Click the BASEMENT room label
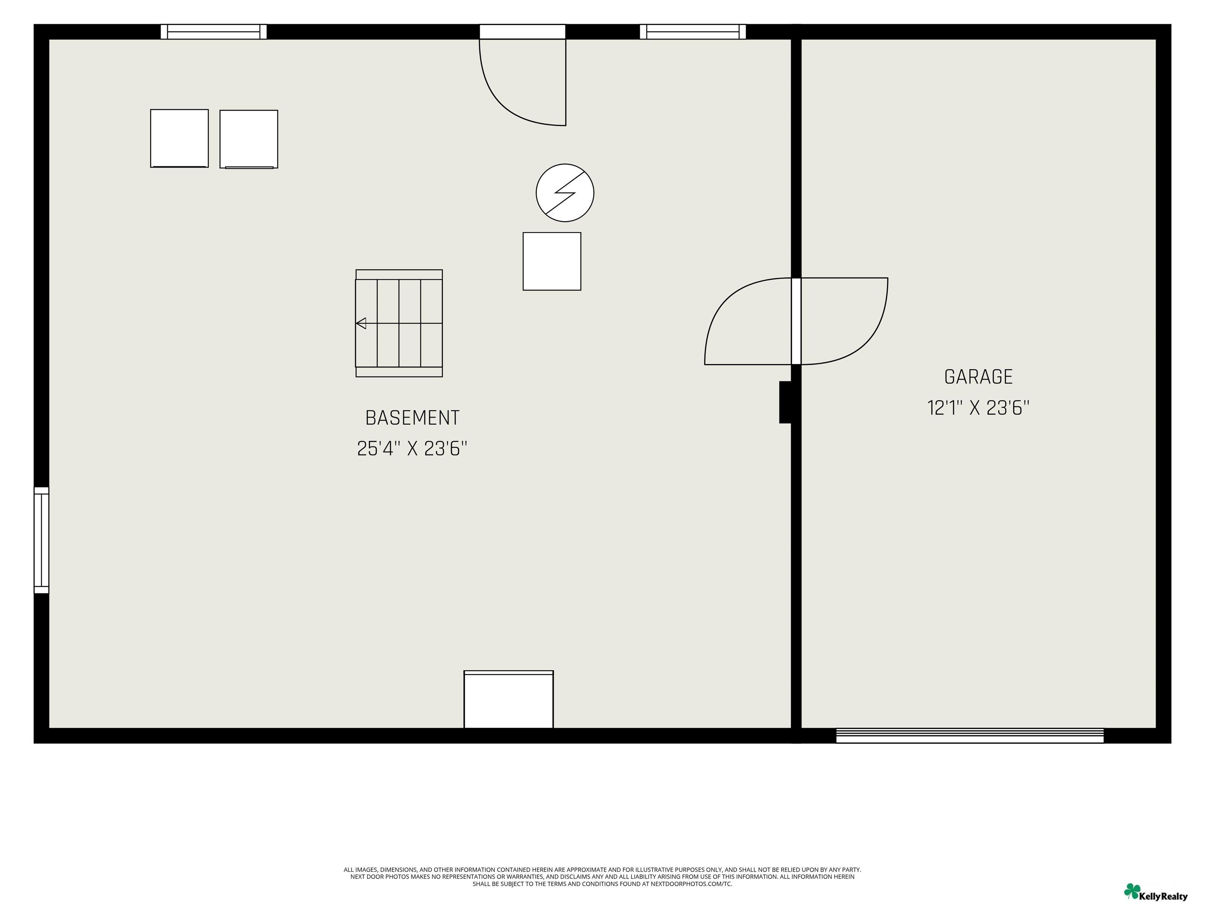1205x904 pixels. tap(412, 418)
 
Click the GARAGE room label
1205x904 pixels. tap(978, 377)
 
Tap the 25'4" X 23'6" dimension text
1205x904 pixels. tap(412, 448)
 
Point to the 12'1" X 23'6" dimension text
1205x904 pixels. tap(978, 408)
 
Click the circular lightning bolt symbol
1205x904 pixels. tap(565, 193)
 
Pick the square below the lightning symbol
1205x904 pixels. tap(552, 262)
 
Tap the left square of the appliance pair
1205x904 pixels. tap(179, 139)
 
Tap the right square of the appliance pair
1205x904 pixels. tap(249, 139)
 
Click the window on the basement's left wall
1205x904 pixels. tap(42, 540)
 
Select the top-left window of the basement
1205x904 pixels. tap(213, 32)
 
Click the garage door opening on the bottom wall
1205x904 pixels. tap(970, 736)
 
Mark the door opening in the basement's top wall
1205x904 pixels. tap(522, 32)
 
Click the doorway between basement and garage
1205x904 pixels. tap(796, 321)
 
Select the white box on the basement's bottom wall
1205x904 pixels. tap(509, 699)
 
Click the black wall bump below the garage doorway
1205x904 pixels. tap(785, 402)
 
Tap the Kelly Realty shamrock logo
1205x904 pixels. tap(1132, 891)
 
